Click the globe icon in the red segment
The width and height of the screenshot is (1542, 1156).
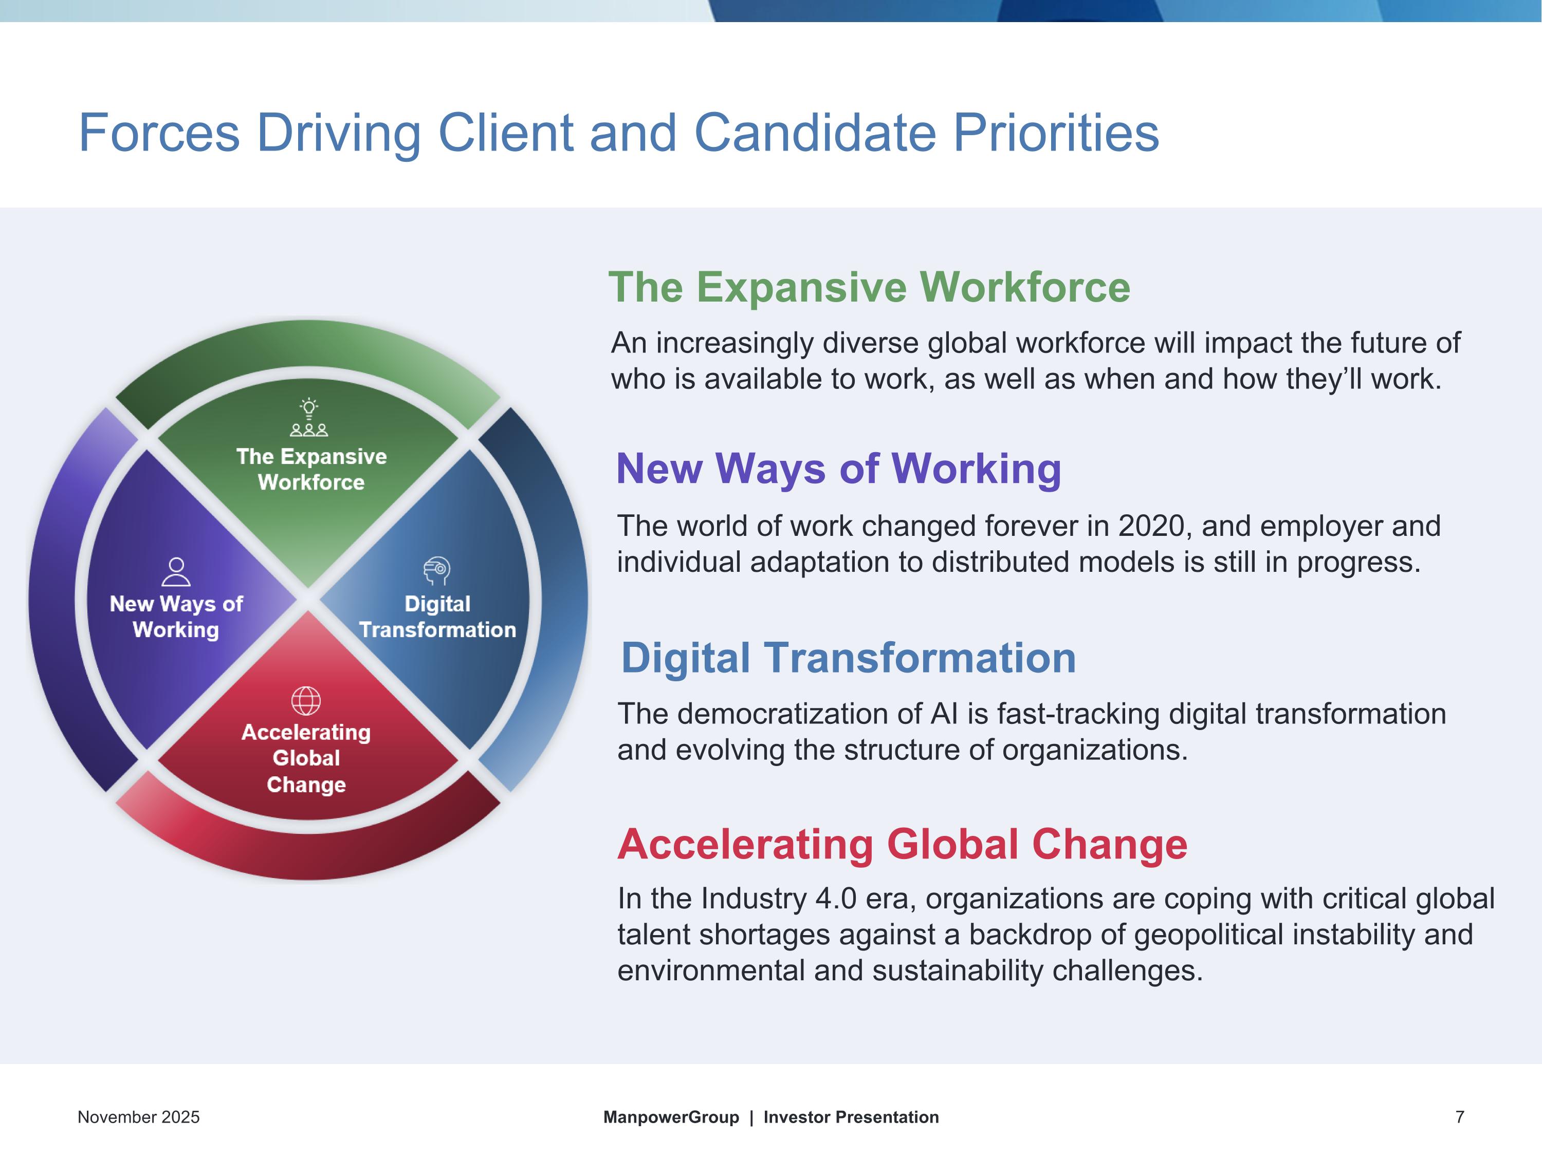tap(306, 700)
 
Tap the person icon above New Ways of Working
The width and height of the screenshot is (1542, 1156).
tap(176, 571)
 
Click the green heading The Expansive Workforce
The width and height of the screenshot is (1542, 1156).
tap(869, 287)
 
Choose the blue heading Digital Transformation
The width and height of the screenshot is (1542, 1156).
tap(849, 657)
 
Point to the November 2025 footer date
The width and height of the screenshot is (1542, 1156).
tap(139, 1117)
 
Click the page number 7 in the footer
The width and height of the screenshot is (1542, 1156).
tap(1460, 1117)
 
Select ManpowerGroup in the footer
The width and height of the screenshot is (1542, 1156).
tap(671, 1117)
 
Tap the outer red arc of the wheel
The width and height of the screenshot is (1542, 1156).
tap(307, 857)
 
